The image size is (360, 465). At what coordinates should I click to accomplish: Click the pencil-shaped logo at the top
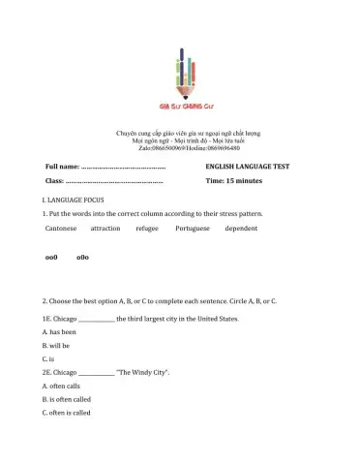pos(179,76)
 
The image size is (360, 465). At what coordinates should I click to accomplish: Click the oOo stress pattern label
pos(82,259)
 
